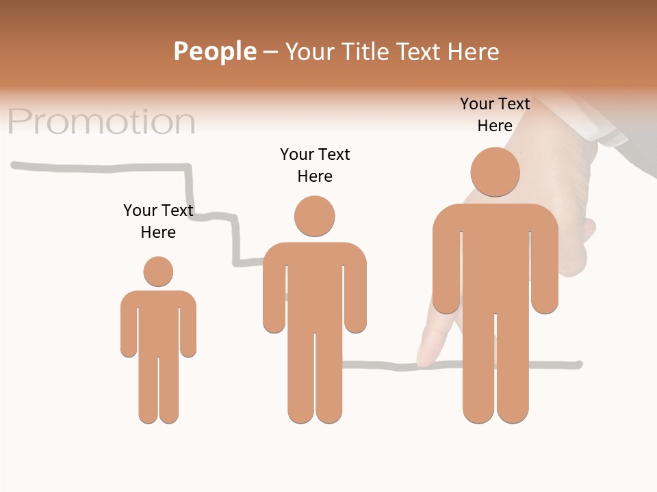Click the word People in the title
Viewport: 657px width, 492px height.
pyautogui.click(x=215, y=51)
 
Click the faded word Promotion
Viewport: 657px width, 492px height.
pyautogui.click(x=101, y=122)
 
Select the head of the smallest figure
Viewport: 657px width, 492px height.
pyautogui.click(x=158, y=271)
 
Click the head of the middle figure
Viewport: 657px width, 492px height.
pyautogui.click(x=315, y=216)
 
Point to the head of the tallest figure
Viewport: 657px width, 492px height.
pyautogui.click(x=495, y=172)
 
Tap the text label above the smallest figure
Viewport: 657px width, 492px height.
pyautogui.click(x=158, y=221)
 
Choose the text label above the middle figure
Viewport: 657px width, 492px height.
pyautogui.click(x=315, y=165)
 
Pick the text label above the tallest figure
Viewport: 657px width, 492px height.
pyautogui.click(x=495, y=115)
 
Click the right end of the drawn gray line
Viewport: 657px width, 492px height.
pyautogui.click(x=578, y=364)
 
